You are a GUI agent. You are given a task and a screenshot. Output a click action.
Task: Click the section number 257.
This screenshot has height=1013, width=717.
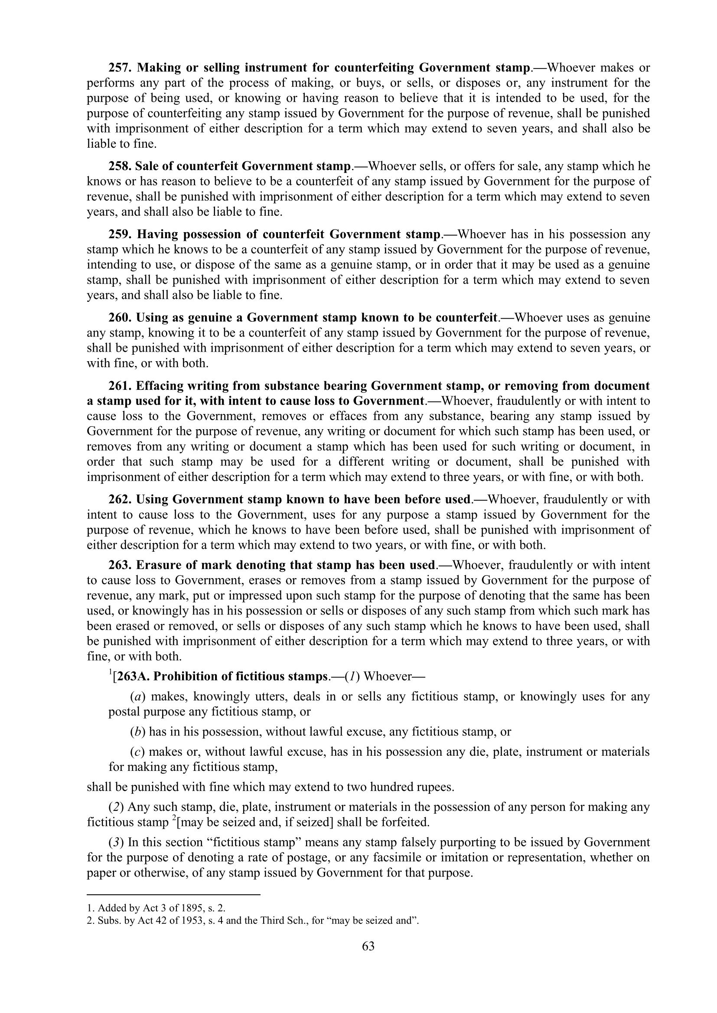coord(120,68)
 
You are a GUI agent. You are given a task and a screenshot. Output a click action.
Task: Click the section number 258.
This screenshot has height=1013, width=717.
coord(120,166)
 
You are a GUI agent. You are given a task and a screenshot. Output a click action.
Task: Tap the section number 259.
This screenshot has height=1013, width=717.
coord(120,234)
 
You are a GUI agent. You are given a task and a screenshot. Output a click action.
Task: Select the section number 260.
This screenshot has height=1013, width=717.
coord(120,317)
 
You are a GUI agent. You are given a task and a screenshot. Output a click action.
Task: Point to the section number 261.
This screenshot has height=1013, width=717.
coord(120,386)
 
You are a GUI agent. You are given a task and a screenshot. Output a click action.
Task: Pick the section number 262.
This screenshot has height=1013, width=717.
coord(120,499)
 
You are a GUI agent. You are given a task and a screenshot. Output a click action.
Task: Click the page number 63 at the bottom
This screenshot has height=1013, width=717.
coord(368,958)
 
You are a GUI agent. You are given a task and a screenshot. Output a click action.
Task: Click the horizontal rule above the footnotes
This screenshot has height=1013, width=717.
coord(173,895)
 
